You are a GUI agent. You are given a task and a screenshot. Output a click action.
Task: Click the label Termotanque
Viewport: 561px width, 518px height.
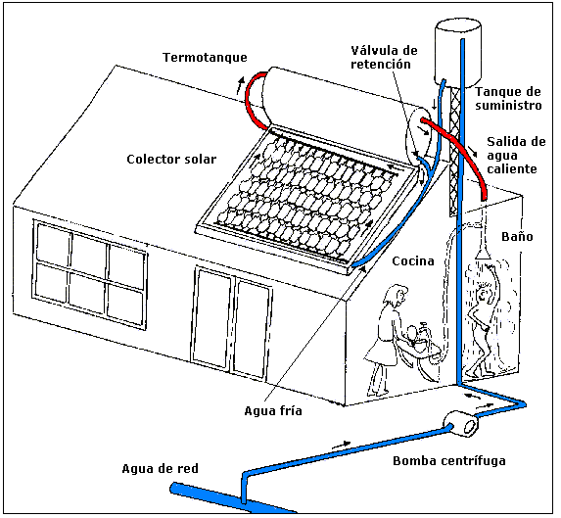click(205, 58)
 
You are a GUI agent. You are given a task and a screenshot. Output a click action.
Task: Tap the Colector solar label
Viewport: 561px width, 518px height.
click(171, 160)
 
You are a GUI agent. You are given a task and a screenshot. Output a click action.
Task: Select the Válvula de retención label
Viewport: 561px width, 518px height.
click(384, 57)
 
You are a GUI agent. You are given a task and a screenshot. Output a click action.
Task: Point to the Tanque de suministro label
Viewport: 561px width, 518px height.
click(508, 98)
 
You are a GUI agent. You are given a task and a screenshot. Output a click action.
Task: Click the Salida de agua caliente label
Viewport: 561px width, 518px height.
click(516, 156)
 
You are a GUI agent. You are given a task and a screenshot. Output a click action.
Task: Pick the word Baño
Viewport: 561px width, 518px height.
click(517, 236)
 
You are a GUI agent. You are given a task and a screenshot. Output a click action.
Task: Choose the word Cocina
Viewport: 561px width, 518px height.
click(413, 260)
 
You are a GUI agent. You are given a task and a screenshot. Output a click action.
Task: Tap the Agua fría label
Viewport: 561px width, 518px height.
click(273, 410)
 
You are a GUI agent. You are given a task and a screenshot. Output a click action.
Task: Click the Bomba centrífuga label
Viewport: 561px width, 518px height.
click(449, 461)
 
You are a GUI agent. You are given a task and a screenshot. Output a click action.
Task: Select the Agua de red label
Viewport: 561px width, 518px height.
click(160, 469)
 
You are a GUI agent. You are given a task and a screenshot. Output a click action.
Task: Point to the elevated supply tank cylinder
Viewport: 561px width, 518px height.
click(457, 54)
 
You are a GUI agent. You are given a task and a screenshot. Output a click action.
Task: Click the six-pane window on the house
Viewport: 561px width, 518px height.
click(90, 274)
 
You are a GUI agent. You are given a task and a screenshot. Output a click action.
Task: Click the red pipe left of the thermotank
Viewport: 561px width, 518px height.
click(255, 101)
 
